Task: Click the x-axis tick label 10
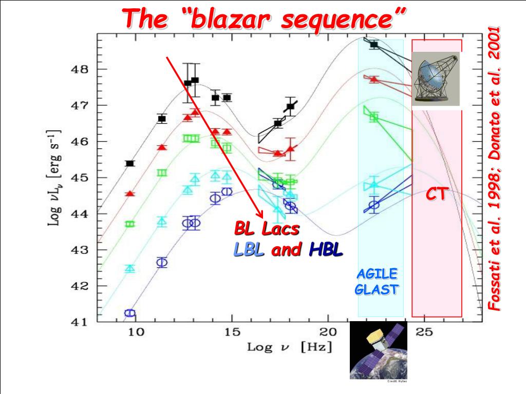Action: [x=136, y=332]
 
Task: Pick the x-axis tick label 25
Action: [x=424, y=332]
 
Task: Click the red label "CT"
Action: [x=437, y=194]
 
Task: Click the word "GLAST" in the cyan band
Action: [x=377, y=289]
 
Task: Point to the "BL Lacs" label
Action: [x=267, y=228]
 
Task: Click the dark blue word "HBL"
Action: [x=326, y=250]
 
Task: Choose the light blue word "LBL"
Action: [x=249, y=250]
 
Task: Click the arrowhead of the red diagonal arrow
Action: [x=261, y=214]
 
